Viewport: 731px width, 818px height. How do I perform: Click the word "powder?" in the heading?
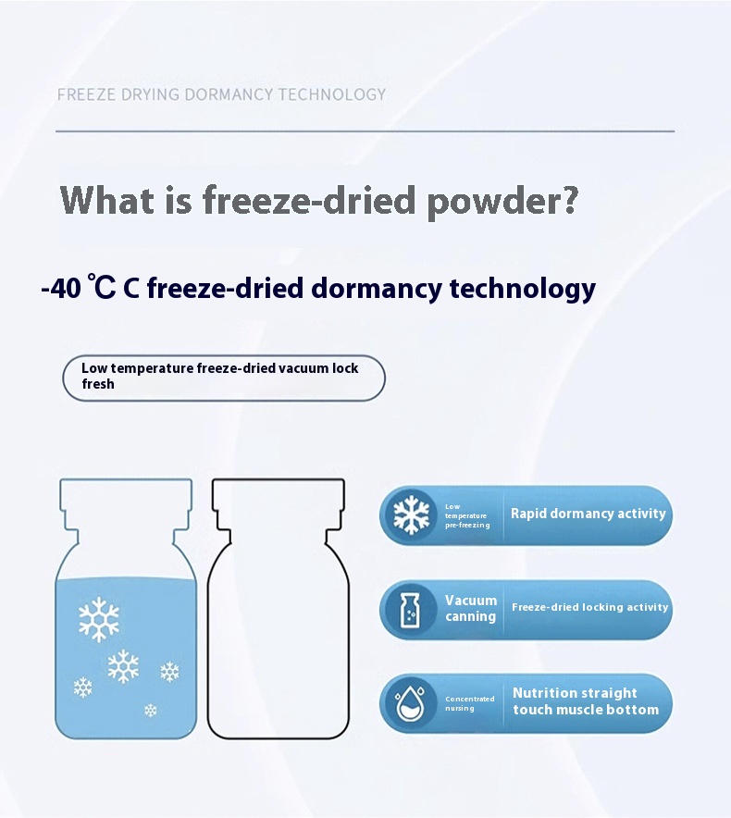502,201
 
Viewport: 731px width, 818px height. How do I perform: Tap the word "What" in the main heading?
108,199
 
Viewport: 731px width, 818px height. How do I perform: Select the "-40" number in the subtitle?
61,288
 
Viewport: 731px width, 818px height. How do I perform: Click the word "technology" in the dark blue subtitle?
522,289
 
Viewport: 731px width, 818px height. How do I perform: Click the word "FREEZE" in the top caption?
86,94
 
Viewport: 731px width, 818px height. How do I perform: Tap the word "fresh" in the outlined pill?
97,384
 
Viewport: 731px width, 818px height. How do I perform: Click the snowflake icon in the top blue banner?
411,514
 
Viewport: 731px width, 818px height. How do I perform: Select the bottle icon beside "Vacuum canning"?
410,609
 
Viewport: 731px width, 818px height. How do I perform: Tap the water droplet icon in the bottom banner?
410,703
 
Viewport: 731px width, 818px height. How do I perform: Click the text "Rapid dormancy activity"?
588,514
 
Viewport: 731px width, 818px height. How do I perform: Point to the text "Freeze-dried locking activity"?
589,607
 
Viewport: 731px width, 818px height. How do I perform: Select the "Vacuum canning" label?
471,608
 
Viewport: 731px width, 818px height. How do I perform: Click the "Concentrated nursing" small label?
469,703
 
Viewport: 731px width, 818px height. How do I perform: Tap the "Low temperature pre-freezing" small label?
467,515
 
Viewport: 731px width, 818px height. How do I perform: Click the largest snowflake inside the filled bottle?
99,619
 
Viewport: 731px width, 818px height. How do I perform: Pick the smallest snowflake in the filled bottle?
150,710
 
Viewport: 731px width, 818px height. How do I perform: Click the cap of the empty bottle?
279,494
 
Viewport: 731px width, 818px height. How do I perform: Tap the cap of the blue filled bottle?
126,494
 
